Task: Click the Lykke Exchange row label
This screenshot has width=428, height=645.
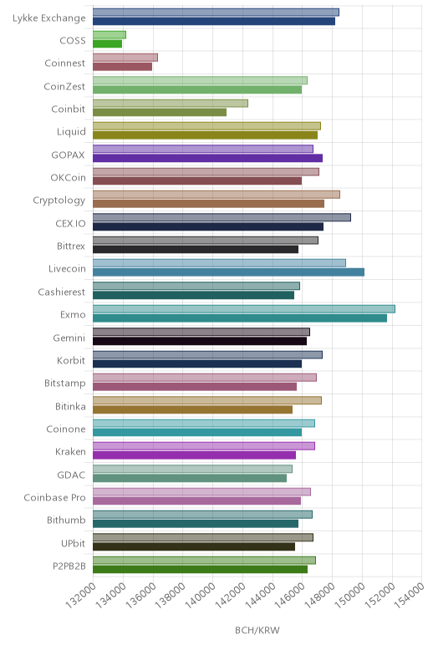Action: point(49,18)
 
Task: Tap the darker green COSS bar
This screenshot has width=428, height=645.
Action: point(107,43)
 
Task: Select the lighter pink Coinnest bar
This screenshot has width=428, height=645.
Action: point(125,58)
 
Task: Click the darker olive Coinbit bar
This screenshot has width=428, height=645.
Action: point(160,112)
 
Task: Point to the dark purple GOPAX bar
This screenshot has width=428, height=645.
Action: point(207,158)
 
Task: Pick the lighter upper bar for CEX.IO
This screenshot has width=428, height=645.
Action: point(222,217)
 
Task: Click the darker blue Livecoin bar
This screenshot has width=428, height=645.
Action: point(228,272)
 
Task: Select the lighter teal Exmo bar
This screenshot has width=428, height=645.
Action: point(244,309)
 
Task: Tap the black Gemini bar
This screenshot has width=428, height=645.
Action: point(200,341)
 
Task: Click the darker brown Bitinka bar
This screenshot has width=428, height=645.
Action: point(192,409)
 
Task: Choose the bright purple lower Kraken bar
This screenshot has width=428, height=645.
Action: point(194,455)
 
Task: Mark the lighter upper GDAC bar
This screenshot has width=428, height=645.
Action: point(192,469)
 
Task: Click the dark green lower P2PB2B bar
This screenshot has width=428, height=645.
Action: point(200,569)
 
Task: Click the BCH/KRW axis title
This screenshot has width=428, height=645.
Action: point(257,630)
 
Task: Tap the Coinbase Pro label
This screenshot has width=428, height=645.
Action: point(54,497)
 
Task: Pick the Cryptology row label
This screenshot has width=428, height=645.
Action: point(59,201)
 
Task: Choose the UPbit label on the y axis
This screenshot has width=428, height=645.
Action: point(74,543)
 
